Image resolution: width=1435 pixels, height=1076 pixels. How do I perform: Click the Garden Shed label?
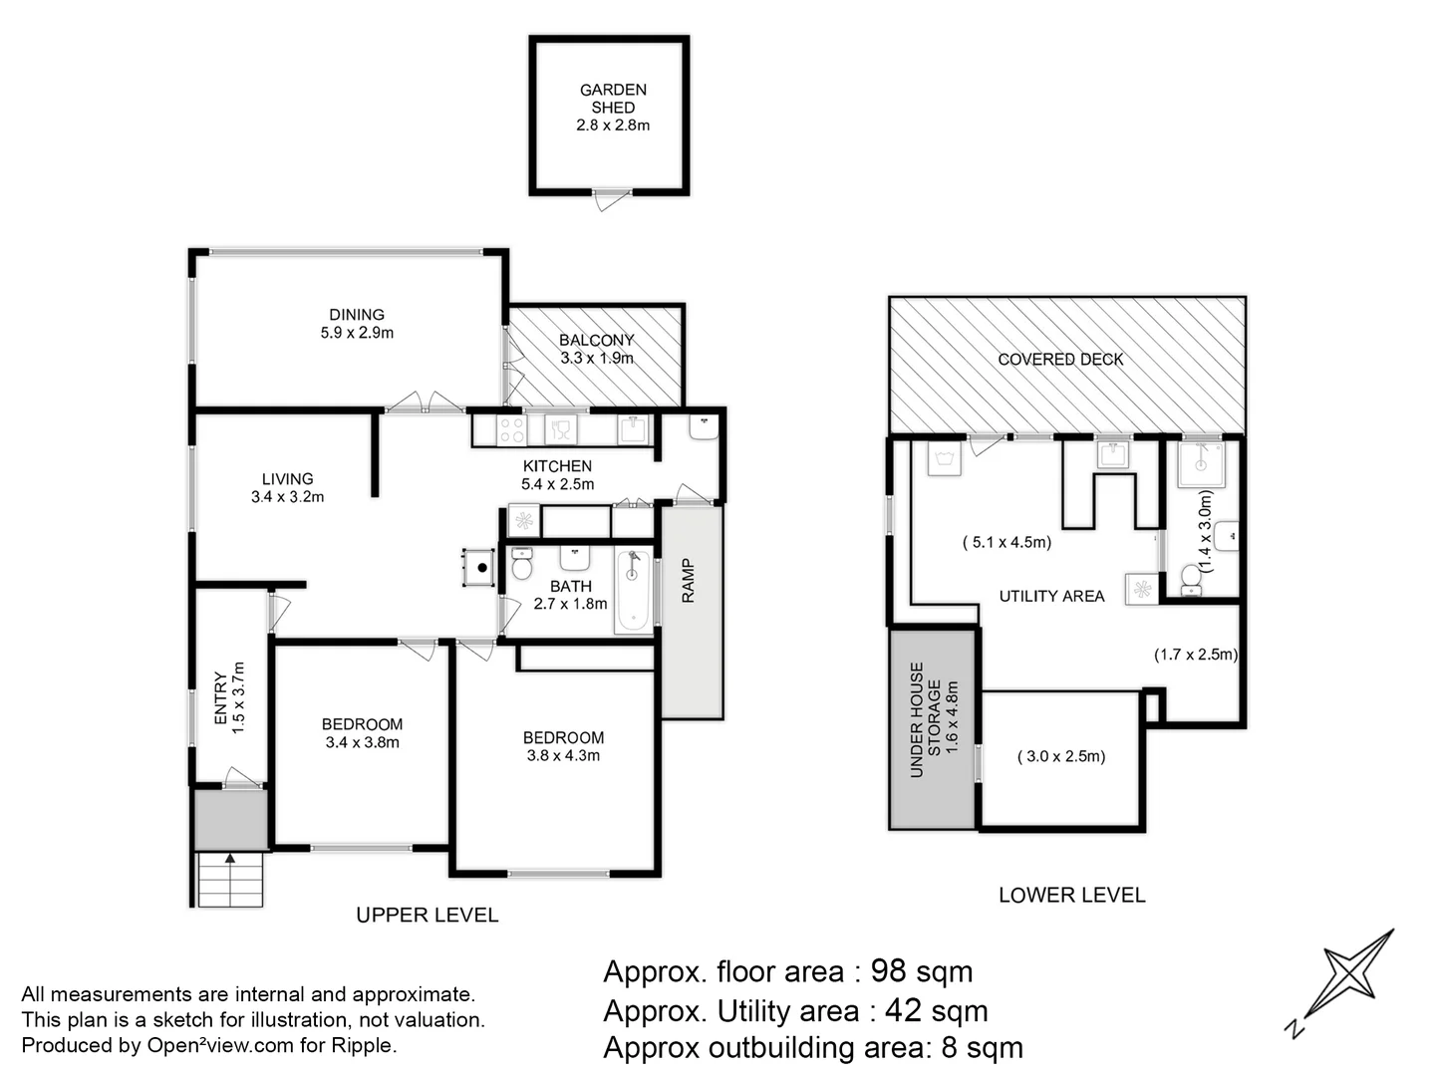(x=613, y=98)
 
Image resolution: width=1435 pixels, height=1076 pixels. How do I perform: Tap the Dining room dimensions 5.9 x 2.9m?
(x=357, y=333)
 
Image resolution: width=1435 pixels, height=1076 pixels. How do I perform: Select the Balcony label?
(x=596, y=340)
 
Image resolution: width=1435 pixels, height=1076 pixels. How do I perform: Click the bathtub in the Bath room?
(x=633, y=590)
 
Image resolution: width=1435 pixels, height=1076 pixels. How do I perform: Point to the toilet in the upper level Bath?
(x=522, y=564)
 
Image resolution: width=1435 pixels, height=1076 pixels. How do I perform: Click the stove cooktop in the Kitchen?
(x=512, y=429)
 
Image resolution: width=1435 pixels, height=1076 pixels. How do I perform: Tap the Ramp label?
(x=689, y=580)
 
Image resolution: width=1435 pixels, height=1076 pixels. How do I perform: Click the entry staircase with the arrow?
(x=230, y=879)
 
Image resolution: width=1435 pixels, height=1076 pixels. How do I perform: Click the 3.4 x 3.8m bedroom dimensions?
(x=362, y=742)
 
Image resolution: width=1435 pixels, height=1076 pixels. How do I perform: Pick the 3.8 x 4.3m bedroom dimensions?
(x=563, y=755)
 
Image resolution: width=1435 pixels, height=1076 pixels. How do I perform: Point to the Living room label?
(x=287, y=479)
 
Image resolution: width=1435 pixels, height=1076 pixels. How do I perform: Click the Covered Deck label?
(x=1060, y=359)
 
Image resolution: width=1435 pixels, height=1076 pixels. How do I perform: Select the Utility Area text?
(x=1051, y=596)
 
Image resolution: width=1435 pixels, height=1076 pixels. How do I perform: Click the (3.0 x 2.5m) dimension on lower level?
(x=1060, y=756)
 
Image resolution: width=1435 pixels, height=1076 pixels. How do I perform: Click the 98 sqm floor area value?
(x=922, y=970)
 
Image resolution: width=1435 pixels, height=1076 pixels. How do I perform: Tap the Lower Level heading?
(x=1071, y=895)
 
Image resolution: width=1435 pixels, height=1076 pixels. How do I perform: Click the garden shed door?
(x=607, y=200)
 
